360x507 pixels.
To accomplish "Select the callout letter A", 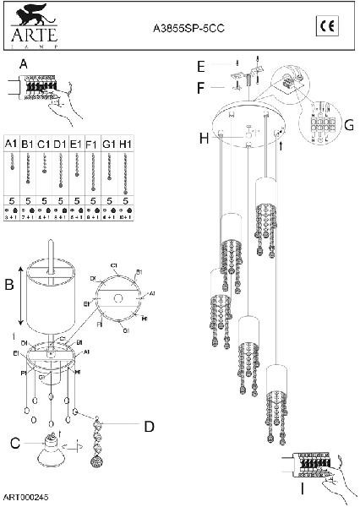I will pyautogui.click(x=23, y=64).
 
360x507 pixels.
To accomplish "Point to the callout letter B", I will pyautogui.click(x=9, y=285).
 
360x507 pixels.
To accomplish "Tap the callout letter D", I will pyautogui.click(x=149, y=427).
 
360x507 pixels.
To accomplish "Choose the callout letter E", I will pyautogui.click(x=201, y=66).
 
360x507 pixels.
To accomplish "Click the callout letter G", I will pyautogui.click(x=348, y=125).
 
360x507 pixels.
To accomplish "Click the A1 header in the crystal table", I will pyautogui.click(x=12, y=145).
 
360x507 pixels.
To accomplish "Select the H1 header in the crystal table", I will pyautogui.click(x=125, y=145).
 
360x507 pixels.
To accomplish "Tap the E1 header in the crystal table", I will pyautogui.click(x=77, y=145).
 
